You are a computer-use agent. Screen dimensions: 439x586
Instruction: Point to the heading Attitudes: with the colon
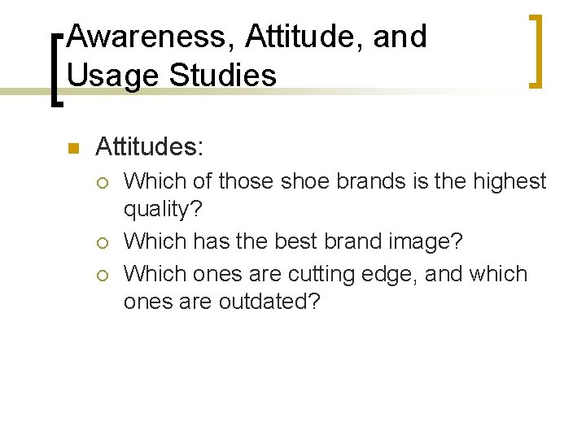pyautogui.click(x=150, y=147)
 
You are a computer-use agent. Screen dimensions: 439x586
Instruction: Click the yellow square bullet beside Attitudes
pyautogui.click(x=72, y=148)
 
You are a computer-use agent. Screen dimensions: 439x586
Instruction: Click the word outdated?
pyautogui.click(x=269, y=302)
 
